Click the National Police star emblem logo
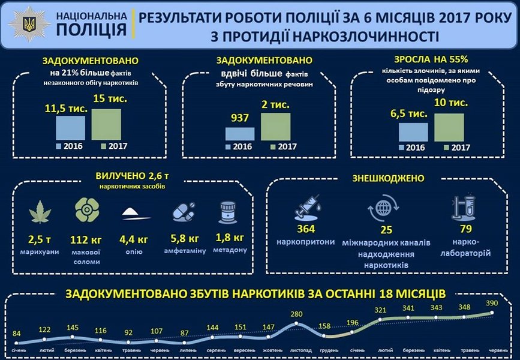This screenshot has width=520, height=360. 28,24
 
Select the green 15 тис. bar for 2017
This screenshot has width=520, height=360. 106,124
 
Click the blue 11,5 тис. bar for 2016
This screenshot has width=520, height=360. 71,128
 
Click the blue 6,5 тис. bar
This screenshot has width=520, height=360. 413,131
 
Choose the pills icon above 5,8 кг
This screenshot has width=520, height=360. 183,211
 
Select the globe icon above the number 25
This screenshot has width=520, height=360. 381,212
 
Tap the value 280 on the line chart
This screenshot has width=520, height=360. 295,313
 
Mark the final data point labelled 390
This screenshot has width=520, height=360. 492,313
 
